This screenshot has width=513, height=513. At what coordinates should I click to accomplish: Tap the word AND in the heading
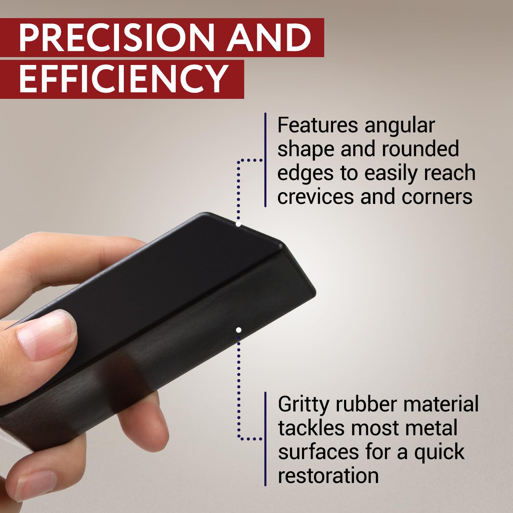point(270,38)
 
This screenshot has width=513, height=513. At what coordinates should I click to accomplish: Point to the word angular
point(400,126)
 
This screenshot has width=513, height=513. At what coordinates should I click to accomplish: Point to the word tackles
point(311,428)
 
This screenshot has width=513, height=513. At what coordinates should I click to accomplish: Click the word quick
point(439,452)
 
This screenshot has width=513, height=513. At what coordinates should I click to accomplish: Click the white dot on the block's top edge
point(238,224)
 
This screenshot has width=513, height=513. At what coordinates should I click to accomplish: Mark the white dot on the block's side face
point(239,330)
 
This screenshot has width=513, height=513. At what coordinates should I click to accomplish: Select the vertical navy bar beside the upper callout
point(265,160)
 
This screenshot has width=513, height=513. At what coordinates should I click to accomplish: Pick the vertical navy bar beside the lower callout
point(265,439)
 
